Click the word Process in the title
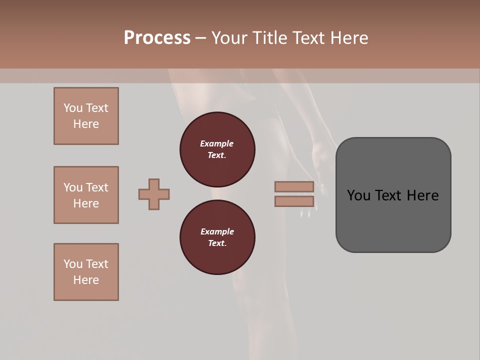pos(157,37)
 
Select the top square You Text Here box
pos(86,116)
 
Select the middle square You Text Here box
pos(86,195)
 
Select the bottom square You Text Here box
pos(86,272)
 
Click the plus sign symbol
pos(154,194)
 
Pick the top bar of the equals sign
pos(294,187)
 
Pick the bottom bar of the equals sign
pos(294,201)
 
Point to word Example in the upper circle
pos(217,143)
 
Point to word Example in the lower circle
pos(217,231)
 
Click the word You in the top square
pos(73,108)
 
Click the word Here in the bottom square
pos(86,280)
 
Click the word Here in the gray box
pos(422,195)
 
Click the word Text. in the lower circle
pos(217,243)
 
